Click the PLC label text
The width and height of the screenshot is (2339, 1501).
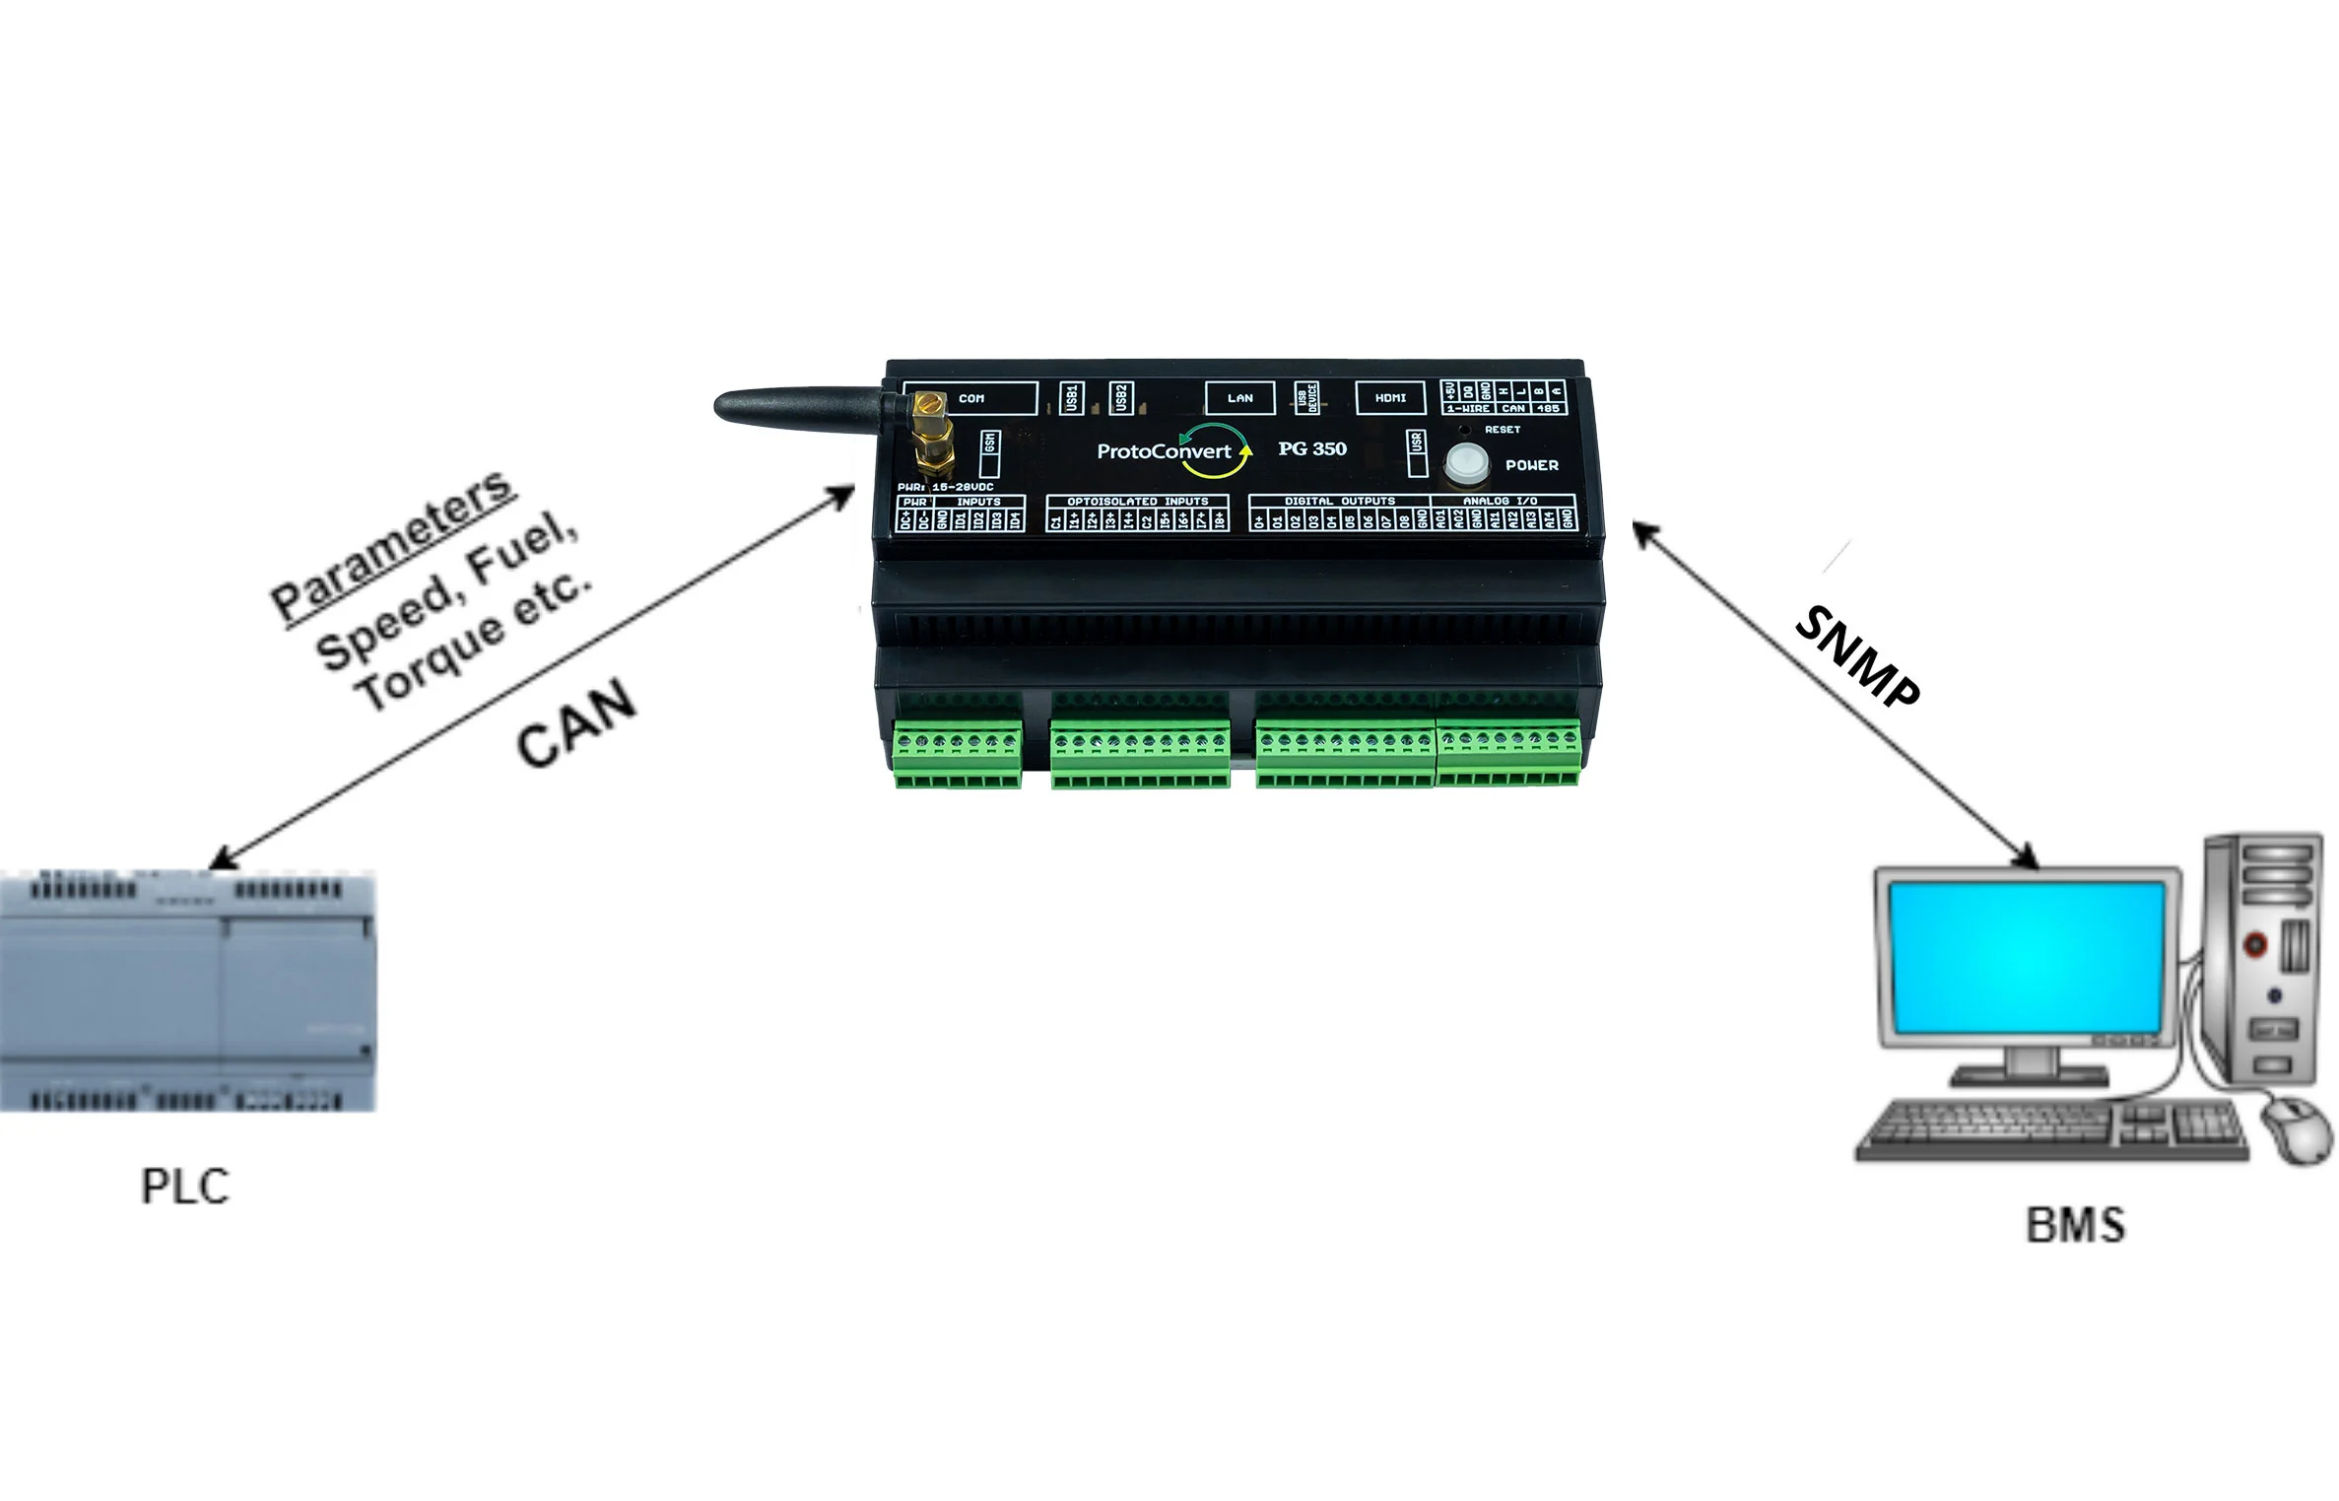[x=185, y=1187]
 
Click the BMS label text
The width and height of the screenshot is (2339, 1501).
[x=2075, y=1225]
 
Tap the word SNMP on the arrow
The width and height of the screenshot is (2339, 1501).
[x=1856, y=656]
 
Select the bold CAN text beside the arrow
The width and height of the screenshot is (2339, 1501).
[x=576, y=723]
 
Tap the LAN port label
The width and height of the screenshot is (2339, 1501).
[x=1239, y=398]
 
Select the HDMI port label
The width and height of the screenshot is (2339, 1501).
[x=1390, y=398]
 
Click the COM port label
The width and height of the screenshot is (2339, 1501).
[x=971, y=398]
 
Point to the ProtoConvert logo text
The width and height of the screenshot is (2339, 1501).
[x=1165, y=451]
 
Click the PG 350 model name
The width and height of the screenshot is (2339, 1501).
[x=1312, y=448]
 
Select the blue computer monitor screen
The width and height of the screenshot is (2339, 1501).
[x=2028, y=957]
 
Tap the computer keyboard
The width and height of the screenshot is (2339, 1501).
[x=2049, y=1129]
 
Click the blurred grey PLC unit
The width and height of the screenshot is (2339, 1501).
[x=187, y=990]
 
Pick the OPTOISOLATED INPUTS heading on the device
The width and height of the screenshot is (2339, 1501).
[x=1137, y=502]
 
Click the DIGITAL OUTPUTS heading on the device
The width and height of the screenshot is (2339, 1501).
[x=1339, y=502]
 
